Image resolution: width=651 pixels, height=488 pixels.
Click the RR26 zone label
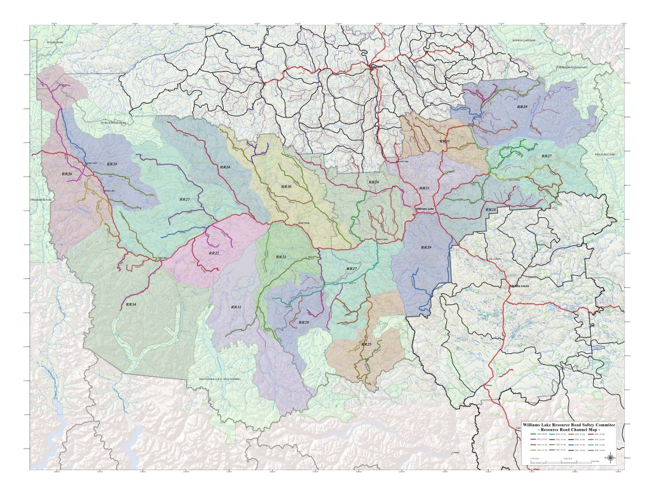click(x=67, y=173)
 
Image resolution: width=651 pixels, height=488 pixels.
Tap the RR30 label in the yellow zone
click(x=286, y=187)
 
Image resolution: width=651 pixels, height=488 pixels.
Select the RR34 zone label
click(x=374, y=182)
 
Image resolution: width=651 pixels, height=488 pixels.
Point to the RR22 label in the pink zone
click(x=214, y=253)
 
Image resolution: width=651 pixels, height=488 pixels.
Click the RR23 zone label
click(x=280, y=257)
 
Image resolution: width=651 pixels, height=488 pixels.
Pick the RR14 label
click(x=131, y=305)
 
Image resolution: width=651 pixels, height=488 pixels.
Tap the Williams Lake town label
click(x=424, y=209)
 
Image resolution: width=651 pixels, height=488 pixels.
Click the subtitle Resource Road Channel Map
click(x=570, y=430)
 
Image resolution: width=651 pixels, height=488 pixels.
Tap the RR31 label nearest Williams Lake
click(x=424, y=188)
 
